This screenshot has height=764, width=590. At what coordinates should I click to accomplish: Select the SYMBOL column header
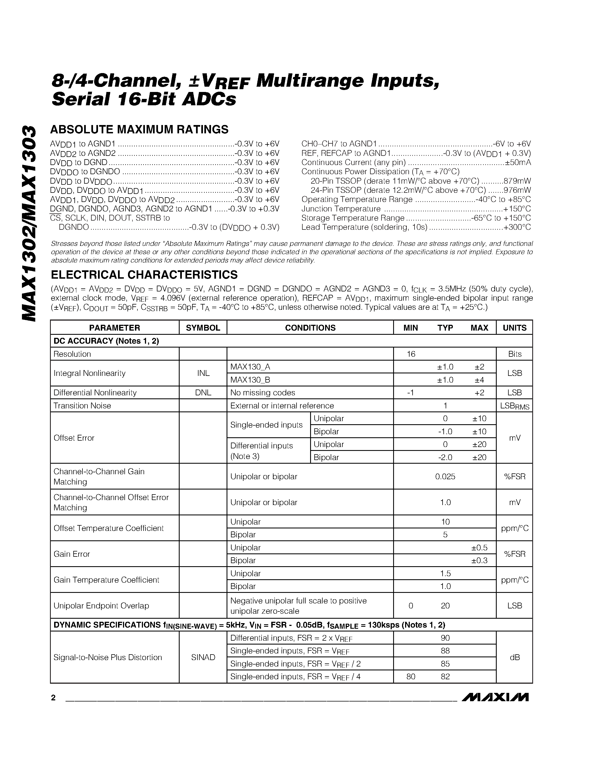click(203, 328)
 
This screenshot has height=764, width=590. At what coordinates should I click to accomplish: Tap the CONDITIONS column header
click(310, 328)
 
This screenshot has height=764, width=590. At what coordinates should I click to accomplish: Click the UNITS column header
click(514, 328)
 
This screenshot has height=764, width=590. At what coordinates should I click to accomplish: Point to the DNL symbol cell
click(203, 393)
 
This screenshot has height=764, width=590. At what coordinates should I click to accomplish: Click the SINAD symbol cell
click(203, 657)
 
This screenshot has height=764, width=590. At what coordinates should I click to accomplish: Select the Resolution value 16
click(411, 354)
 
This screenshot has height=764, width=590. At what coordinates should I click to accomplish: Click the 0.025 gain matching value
click(445, 476)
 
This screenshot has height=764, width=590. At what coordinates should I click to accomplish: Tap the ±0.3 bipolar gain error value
click(479, 560)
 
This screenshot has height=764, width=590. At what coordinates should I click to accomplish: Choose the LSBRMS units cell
click(514, 406)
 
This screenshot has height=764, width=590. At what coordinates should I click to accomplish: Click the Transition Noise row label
click(82, 405)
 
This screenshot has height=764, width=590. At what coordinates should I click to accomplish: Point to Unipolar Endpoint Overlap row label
click(101, 606)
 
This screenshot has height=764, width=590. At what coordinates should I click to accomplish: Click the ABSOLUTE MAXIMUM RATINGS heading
click(139, 129)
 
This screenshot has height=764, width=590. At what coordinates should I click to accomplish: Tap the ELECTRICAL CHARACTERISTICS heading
click(144, 274)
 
